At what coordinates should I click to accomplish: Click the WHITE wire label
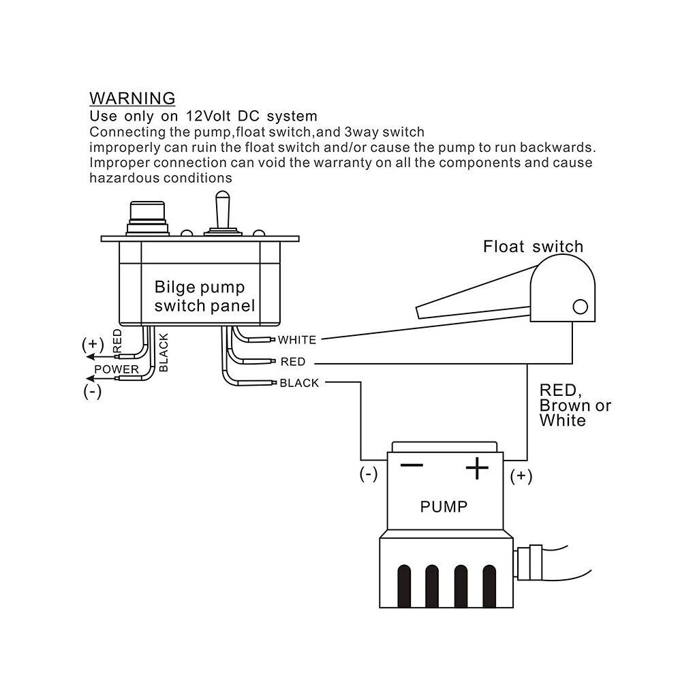tap(297, 339)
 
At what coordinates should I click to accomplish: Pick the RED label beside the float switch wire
tap(293, 361)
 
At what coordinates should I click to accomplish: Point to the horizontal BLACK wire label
tap(299, 383)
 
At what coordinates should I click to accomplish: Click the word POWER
tap(117, 369)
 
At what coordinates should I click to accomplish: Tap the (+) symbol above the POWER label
tap(92, 343)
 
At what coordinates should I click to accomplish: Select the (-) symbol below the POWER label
tap(92, 392)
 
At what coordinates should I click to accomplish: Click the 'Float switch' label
tap(533, 246)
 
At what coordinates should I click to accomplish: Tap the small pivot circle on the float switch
tap(580, 306)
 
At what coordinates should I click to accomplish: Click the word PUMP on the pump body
tap(444, 507)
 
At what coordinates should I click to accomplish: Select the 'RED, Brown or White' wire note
tap(574, 405)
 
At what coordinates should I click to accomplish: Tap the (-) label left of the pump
tap(368, 475)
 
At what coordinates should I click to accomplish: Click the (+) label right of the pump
tap(521, 476)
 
